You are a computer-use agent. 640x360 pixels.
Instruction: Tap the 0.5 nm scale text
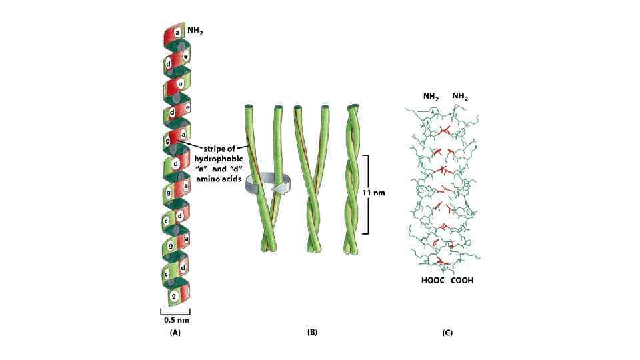[176, 319]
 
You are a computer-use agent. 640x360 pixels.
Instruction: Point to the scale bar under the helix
[175, 311]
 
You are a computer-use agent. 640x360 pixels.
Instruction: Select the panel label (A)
[175, 332]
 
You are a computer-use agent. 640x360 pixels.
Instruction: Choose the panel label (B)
[311, 332]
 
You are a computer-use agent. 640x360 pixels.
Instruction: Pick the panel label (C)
[447, 332]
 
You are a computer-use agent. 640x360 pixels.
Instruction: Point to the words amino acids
[217, 180]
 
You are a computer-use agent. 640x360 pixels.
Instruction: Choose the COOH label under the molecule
[462, 281]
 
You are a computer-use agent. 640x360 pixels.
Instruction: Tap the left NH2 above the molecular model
[431, 97]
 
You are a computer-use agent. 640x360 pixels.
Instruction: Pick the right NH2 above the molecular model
[460, 97]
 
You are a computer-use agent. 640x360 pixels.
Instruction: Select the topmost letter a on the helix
[178, 31]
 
